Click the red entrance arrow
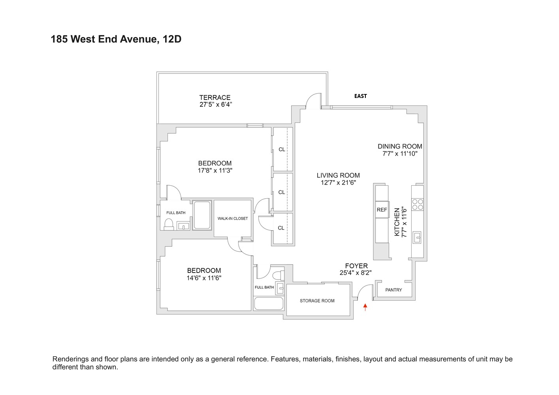click(365, 307)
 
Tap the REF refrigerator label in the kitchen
click(382, 210)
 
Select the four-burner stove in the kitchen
click(418, 204)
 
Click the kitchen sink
click(417, 237)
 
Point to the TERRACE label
click(215, 98)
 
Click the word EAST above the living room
click(361, 96)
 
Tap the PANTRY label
click(393, 290)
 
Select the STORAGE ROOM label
click(317, 301)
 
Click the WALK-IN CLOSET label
click(233, 218)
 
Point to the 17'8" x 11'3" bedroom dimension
click(215, 171)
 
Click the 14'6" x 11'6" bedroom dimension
click(204, 278)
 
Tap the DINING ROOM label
click(400, 147)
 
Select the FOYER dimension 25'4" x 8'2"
click(356, 273)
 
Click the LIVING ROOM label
click(338, 175)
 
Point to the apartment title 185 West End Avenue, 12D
click(116, 39)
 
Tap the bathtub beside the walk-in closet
click(202, 215)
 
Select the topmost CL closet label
click(282, 149)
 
